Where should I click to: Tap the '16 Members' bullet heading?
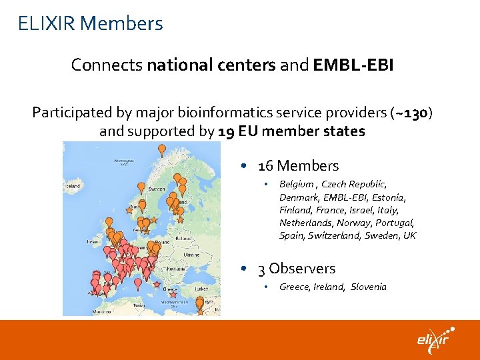[298, 166]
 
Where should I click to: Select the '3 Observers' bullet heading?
[296, 269]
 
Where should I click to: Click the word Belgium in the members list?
[297, 184]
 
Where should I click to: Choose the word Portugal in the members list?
[395, 223]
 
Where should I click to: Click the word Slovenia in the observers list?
[369, 287]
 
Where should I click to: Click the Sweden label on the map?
[157, 189]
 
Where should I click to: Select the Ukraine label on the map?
[191, 255]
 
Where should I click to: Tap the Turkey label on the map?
[202, 289]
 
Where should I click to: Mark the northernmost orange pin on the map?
[161, 149]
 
